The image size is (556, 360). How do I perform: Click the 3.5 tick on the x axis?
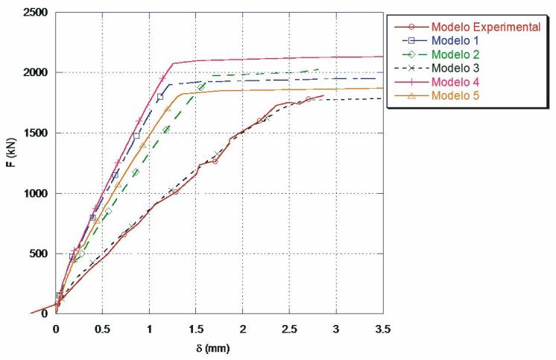(x=382, y=329)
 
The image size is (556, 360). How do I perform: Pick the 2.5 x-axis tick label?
(x=289, y=329)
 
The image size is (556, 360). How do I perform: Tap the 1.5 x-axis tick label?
(x=196, y=329)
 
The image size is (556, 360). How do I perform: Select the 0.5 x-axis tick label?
(x=103, y=329)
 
